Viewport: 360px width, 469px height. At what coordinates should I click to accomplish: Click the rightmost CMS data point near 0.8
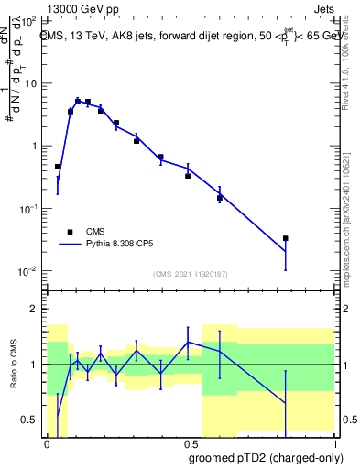click(286, 238)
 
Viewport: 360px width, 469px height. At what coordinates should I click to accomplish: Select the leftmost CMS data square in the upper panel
click(58, 167)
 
